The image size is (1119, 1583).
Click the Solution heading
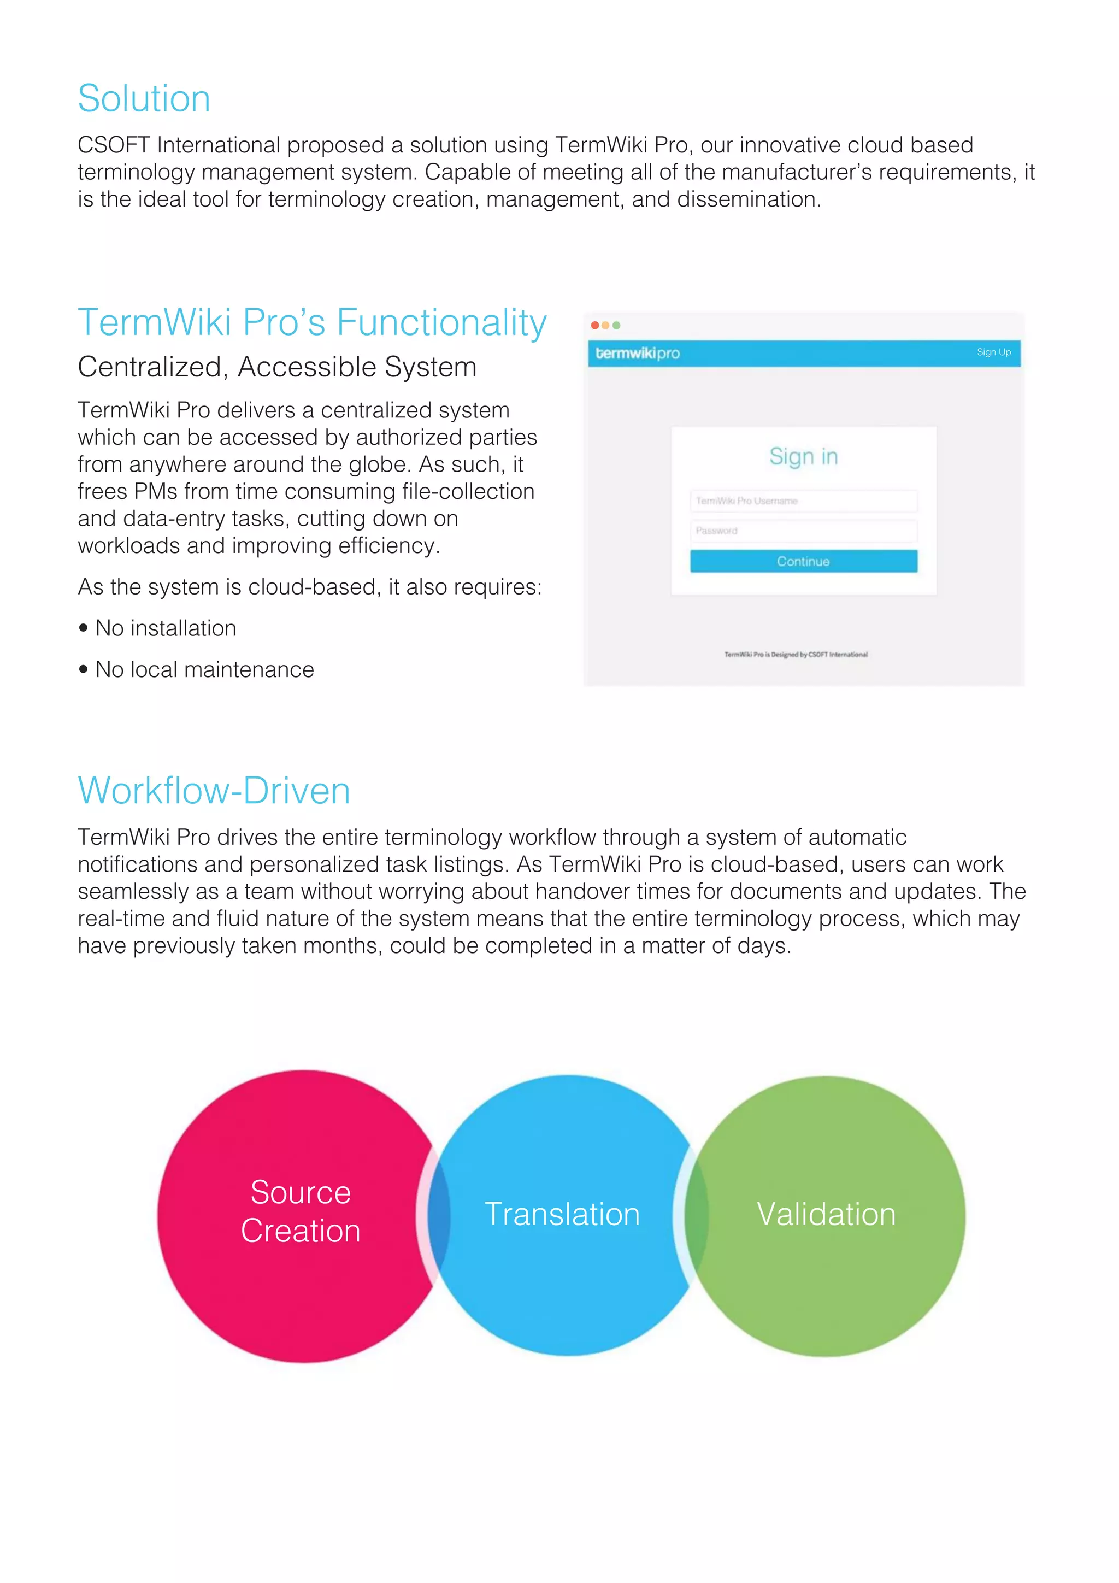[143, 98]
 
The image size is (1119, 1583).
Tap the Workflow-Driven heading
[214, 791]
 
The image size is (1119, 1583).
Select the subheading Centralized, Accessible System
[276, 367]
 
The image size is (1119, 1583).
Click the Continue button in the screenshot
[803, 561]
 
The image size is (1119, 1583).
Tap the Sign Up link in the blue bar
[993, 352]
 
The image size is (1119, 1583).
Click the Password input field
[803, 531]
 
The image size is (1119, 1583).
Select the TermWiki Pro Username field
[803, 501]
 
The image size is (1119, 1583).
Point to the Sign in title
[803, 456]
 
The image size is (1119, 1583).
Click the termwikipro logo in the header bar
[637, 353]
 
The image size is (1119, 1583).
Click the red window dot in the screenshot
[595, 326]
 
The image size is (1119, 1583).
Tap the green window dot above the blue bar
[616, 326]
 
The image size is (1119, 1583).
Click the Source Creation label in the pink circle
[301, 1211]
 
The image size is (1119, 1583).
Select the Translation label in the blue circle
[562, 1214]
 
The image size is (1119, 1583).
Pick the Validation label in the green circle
[826, 1214]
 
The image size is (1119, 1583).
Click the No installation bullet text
[166, 628]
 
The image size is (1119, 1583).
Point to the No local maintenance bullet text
[204, 669]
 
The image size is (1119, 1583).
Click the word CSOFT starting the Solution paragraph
[114, 145]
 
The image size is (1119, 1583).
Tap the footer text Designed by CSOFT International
[796, 654]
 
